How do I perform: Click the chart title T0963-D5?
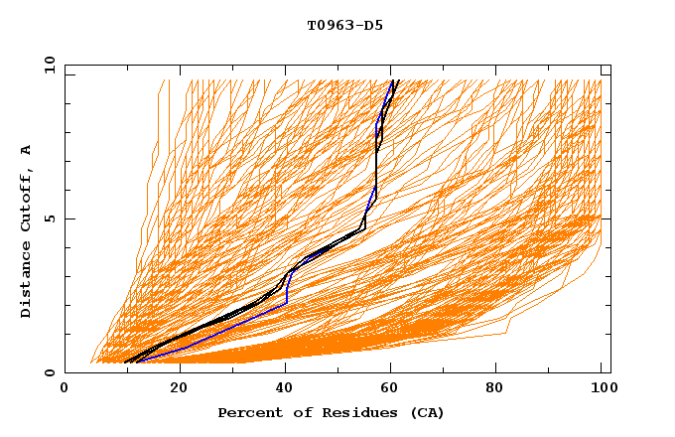(344, 25)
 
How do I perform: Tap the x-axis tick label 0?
(65, 389)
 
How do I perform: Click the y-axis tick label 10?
(48, 65)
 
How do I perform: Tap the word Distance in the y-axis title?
(27, 285)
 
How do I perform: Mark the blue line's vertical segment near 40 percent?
(287, 293)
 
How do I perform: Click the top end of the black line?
(394, 80)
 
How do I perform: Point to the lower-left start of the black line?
(126, 363)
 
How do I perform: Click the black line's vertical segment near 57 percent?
(377, 174)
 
